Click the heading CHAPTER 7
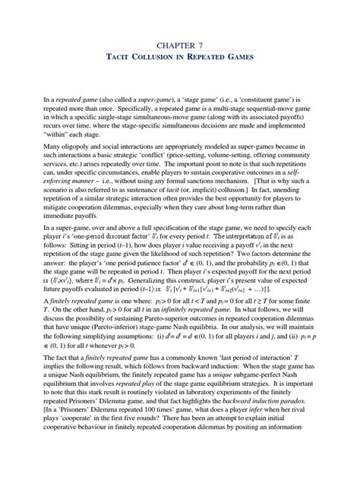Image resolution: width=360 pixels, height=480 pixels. click(179, 46)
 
